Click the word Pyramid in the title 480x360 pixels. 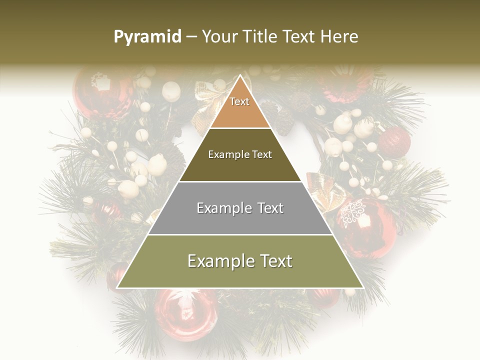point(147,37)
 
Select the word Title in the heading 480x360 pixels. point(262,37)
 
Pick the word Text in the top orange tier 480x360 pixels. point(239,101)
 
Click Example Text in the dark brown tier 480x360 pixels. point(240,154)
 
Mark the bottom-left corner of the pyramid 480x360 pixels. point(117,288)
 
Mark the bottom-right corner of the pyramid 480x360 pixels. point(363,288)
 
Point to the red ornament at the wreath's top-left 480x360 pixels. point(100,92)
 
